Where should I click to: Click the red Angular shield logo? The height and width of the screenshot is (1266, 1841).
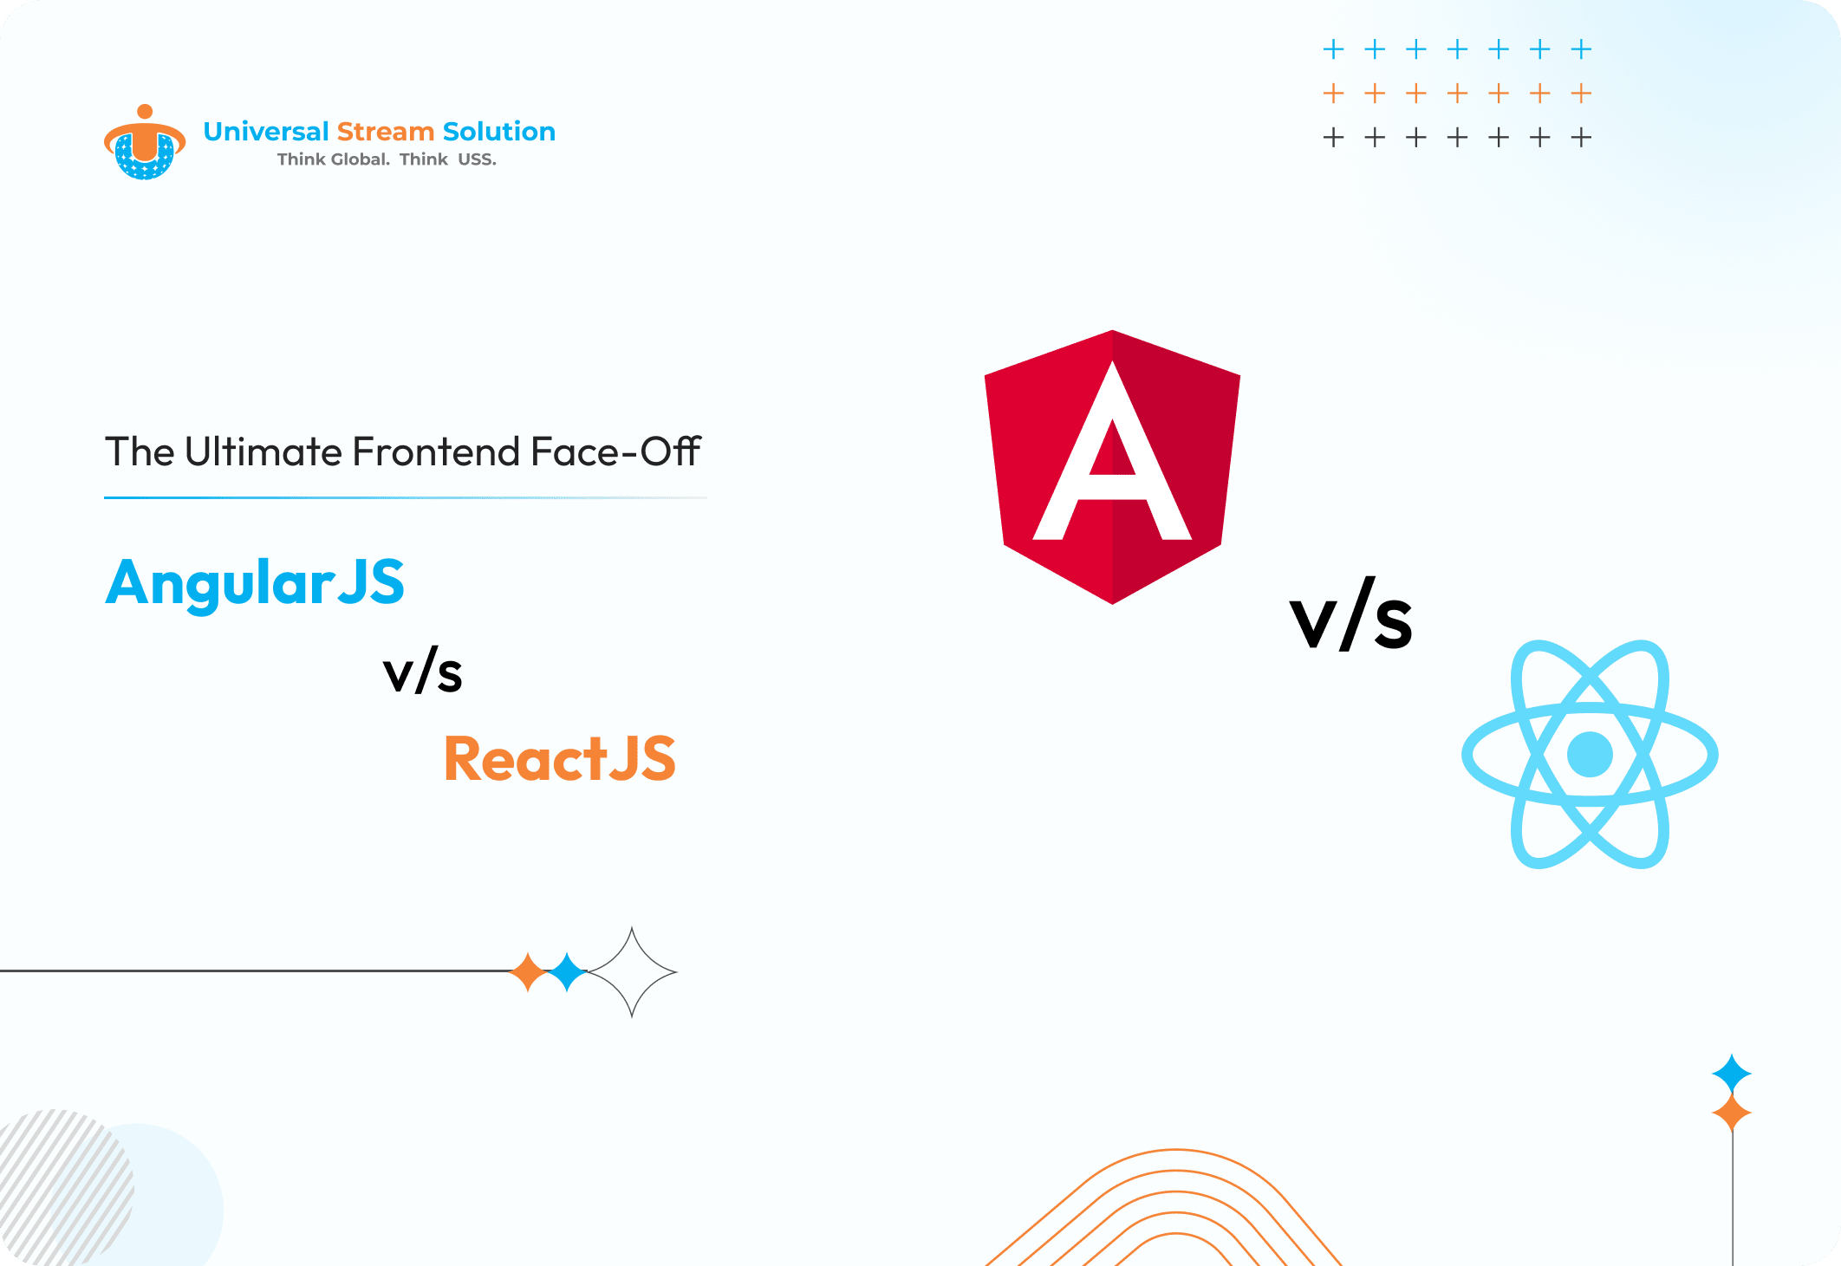[1112, 467]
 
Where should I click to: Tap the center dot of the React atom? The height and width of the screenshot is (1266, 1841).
[1590, 755]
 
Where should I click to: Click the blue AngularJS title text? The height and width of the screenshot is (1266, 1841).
[255, 582]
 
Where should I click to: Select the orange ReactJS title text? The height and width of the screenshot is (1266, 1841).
[560, 758]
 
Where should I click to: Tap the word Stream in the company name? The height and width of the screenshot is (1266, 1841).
[386, 132]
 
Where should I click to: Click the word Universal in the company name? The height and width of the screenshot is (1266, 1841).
[266, 132]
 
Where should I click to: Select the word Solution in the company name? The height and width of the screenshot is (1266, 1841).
[499, 132]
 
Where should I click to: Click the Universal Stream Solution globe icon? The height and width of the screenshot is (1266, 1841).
[145, 142]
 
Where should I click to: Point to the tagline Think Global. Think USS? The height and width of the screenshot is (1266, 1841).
[387, 159]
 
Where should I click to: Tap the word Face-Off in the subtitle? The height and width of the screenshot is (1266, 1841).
[615, 451]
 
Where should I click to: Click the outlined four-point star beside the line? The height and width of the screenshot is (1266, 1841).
[632, 972]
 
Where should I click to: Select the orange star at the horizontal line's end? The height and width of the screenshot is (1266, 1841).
[528, 972]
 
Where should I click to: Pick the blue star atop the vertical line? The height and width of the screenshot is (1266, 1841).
[1732, 1074]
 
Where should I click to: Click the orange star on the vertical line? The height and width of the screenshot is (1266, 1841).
[1732, 1113]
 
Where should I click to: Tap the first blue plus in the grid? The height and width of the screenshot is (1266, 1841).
[1334, 49]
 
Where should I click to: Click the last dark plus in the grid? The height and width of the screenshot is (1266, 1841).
[1582, 137]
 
